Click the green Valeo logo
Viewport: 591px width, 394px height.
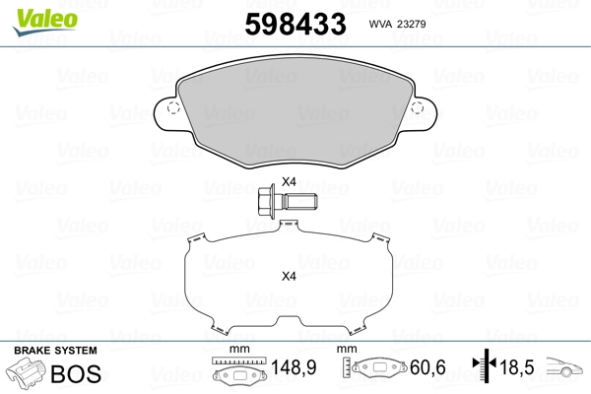tap(45, 22)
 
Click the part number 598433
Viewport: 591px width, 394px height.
tap(295, 24)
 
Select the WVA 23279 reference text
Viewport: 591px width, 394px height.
tap(397, 24)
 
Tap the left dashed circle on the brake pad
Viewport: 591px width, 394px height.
tap(173, 107)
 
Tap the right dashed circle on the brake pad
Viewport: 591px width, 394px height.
tap(418, 107)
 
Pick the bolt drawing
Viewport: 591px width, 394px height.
tap(288, 200)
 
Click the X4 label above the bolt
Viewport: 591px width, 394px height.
tap(289, 181)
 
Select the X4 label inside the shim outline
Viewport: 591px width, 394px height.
tap(289, 277)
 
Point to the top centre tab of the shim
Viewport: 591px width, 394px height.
tap(289, 225)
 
